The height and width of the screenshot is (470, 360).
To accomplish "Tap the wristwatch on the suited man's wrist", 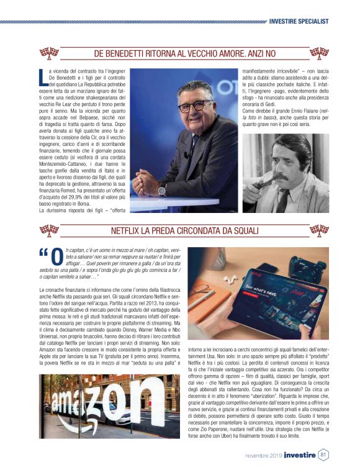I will click(x=162, y=191).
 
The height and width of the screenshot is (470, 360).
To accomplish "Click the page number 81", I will click(x=323, y=454).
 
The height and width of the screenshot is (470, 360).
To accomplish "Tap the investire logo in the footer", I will click(x=300, y=455).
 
